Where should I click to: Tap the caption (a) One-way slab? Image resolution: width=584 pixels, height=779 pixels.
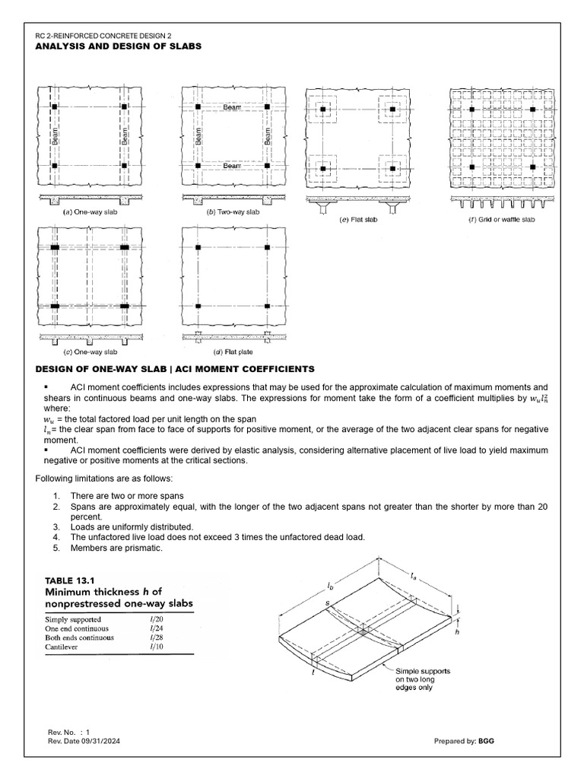(x=90, y=212)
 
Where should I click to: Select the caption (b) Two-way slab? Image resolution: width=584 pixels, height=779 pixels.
(x=233, y=212)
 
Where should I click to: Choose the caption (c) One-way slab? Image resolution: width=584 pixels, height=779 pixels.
(x=90, y=352)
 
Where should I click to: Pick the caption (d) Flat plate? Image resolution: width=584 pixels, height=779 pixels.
(x=233, y=352)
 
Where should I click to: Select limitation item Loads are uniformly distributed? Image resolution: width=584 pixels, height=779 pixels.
(x=124, y=526)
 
